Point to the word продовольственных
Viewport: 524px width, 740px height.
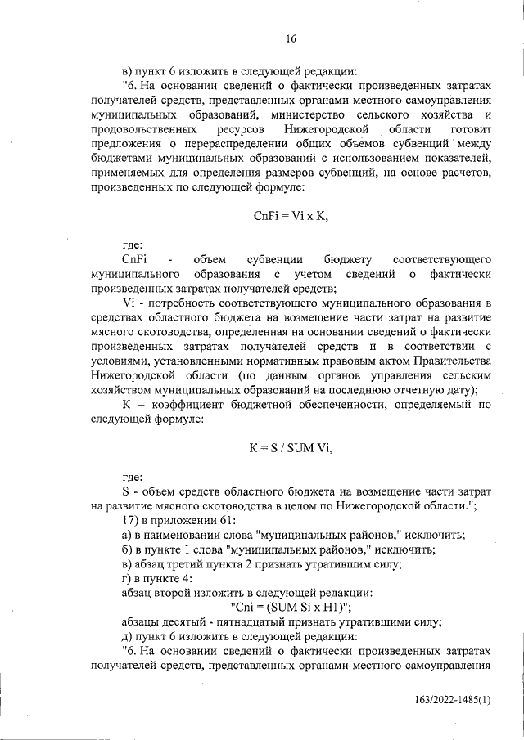[x=143, y=130]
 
